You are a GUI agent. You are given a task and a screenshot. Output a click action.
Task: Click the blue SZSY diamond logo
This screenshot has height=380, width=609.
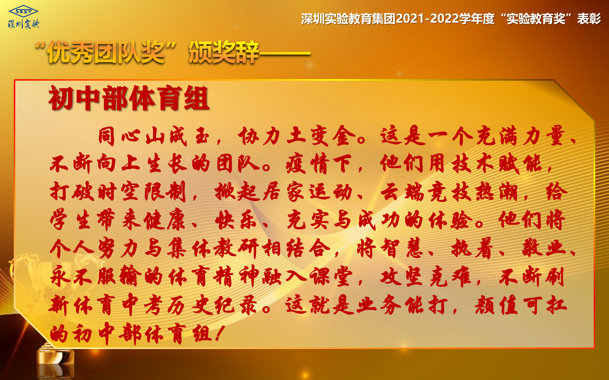[23, 11]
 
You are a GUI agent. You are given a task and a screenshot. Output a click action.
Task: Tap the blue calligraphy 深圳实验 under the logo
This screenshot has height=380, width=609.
[24, 24]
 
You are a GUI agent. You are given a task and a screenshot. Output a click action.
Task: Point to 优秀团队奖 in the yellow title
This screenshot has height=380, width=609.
[106, 52]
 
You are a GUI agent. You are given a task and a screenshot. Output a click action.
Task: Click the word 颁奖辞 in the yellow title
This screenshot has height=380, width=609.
[223, 52]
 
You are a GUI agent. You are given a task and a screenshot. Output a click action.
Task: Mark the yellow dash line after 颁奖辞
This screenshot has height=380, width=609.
[285, 54]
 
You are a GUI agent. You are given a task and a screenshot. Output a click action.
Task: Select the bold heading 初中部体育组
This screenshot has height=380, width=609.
[129, 98]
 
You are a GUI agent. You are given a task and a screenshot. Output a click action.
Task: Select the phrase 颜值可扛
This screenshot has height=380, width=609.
[521, 305]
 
